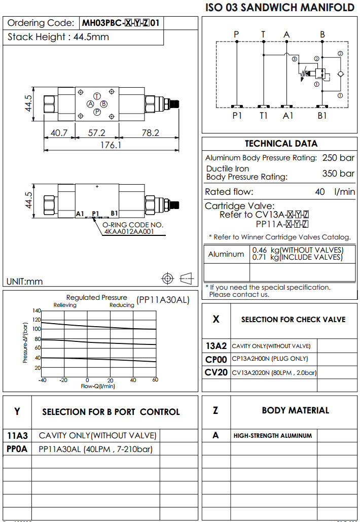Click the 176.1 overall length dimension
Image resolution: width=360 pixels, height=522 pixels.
(112, 145)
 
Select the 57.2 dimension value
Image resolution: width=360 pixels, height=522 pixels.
(96, 132)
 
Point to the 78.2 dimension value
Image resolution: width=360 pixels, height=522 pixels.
(150, 132)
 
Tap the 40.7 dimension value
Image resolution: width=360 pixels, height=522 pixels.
(59, 132)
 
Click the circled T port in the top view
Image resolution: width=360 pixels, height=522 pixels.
(97, 96)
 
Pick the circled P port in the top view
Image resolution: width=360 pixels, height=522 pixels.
(97, 112)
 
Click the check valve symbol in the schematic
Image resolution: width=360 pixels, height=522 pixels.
(340, 74)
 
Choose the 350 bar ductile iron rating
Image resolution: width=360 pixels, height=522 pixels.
(338, 173)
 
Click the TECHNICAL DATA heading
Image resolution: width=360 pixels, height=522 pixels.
(281, 144)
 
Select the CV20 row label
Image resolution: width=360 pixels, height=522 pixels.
(215, 372)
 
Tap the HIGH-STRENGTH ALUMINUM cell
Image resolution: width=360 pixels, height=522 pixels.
(273, 435)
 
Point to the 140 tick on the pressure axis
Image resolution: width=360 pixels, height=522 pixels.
(37, 310)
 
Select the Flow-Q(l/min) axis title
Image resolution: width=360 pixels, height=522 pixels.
(98, 386)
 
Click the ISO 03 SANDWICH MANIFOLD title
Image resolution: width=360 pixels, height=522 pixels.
(279, 8)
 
